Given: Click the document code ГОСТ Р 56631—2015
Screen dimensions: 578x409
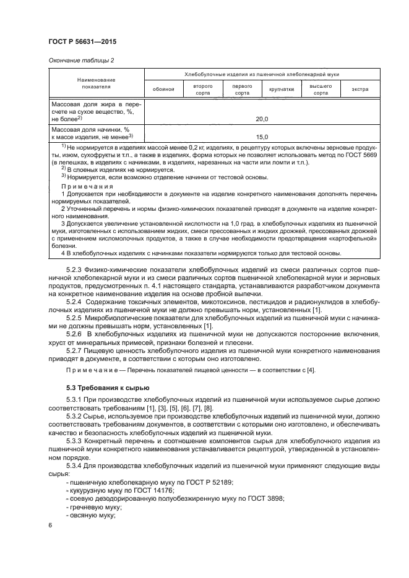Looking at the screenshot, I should click(83, 42).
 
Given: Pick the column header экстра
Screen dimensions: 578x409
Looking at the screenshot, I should click(360, 90).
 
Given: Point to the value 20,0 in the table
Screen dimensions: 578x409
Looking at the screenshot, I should click(262, 118).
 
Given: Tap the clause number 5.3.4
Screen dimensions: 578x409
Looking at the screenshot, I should click(75, 464).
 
